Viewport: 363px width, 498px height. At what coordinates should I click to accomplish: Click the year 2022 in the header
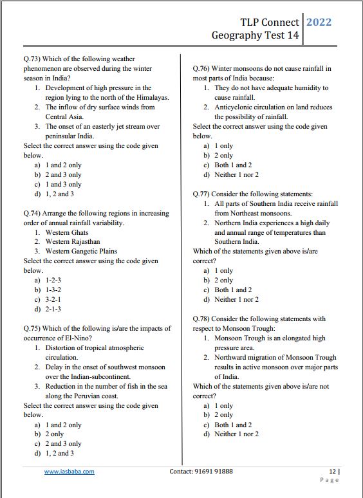[x=319, y=22]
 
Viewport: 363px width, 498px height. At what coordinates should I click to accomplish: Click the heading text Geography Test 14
[x=255, y=35]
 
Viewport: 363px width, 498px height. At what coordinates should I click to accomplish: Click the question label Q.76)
[x=203, y=68]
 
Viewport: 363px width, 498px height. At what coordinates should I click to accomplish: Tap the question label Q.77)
[x=203, y=194]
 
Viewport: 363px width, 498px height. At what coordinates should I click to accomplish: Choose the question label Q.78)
[x=203, y=318]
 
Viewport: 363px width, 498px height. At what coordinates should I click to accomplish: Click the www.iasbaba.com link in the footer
[x=69, y=472]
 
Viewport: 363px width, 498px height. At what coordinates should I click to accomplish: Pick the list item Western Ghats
[x=67, y=232]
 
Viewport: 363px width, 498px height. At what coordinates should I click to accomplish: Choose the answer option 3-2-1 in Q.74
[x=53, y=300]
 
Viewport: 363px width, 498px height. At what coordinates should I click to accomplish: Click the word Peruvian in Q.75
[x=87, y=396]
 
